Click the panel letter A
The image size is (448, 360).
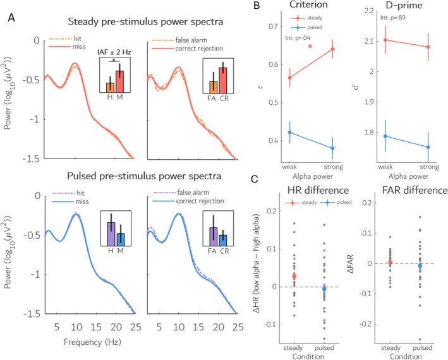(10, 18)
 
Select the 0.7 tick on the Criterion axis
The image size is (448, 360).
(269, 27)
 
